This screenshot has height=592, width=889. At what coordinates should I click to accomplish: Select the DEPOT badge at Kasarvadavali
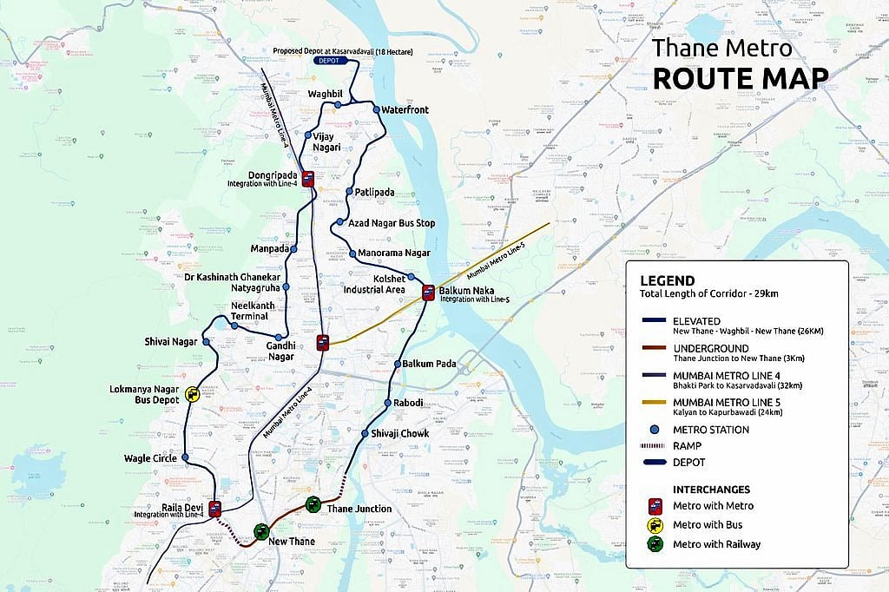point(328,62)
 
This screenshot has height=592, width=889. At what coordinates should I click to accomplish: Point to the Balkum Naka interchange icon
point(428,293)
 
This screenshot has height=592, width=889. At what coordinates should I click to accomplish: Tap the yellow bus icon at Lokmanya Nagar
point(193,395)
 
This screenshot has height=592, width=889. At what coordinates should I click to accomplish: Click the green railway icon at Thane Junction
point(313,504)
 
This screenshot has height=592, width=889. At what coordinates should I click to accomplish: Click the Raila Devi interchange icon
point(214,509)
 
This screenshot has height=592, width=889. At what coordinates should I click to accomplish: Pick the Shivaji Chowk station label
point(399,433)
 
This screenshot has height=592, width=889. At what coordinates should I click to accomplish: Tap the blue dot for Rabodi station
point(387,403)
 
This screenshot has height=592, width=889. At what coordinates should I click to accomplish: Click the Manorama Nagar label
point(394,253)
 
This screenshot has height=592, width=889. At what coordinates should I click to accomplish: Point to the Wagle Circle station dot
point(185,457)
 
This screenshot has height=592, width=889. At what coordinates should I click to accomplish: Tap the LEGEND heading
point(667,280)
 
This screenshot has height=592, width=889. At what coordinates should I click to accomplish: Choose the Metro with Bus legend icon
point(655,524)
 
